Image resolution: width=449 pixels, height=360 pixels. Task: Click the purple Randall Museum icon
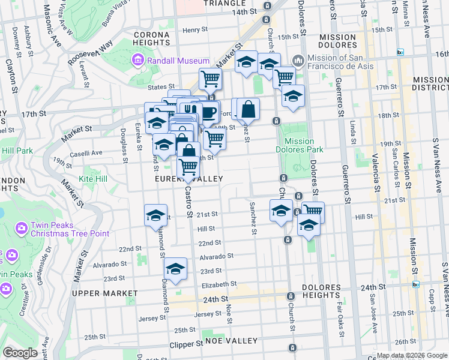point(137,61)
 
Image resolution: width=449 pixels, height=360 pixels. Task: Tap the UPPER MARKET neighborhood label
point(104,293)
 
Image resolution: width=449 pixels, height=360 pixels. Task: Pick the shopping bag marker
point(248,109)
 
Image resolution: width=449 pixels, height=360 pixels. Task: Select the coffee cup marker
point(208,112)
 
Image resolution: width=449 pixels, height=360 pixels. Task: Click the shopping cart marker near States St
point(210,78)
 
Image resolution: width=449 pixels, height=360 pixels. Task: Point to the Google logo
point(20,353)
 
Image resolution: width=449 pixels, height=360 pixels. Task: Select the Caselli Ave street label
point(106,154)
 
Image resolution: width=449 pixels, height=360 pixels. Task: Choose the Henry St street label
point(195,29)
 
